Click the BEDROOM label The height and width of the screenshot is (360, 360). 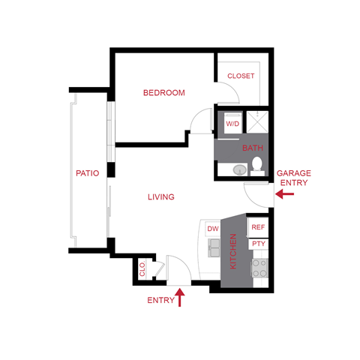tap(164, 93)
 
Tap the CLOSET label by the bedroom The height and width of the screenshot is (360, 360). tap(241, 76)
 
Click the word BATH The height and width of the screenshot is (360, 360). tap(253, 148)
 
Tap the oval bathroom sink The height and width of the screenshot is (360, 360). tap(238, 169)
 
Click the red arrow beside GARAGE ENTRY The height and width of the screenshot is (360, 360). tap(285, 194)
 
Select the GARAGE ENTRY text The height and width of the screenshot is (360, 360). tap(295, 178)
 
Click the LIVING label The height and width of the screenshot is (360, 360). tap(160, 197)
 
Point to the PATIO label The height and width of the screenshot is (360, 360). tap(88, 173)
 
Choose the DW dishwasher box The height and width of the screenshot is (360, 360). tap(213, 228)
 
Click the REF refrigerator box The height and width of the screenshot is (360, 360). tap(258, 226)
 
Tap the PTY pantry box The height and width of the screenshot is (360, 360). tap(258, 244)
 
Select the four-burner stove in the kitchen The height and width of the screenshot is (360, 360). tap(260, 267)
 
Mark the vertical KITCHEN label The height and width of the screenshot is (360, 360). tap(233, 251)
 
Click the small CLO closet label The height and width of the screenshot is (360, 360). tap(142, 268)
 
